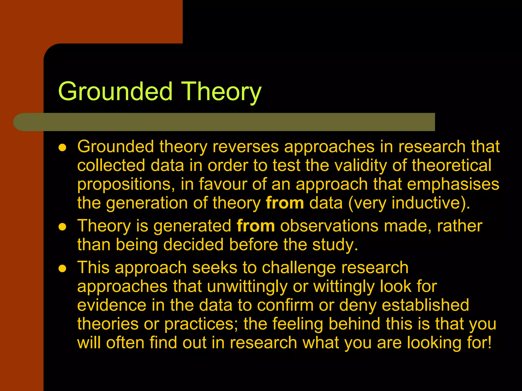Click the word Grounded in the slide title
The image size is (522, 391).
pos(115,91)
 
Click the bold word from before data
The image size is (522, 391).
pos(285,203)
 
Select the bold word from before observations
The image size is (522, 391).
pos(256,226)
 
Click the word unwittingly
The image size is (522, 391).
pos(247,287)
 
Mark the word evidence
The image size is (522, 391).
pos(112,305)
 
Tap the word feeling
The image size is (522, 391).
pos(297,324)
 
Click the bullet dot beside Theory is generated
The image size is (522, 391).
pos(62,227)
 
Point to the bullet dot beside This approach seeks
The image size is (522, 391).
pos(62,269)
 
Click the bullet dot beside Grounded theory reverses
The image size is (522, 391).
pos(62,148)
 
